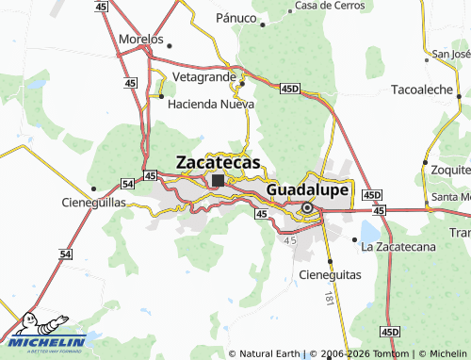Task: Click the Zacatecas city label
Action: click(x=218, y=162)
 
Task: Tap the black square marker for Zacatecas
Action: click(x=218, y=180)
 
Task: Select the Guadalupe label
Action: click(x=307, y=190)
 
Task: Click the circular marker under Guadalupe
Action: click(x=307, y=207)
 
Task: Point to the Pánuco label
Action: click(x=235, y=18)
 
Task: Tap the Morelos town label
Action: click(x=140, y=41)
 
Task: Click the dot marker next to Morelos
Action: click(x=171, y=43)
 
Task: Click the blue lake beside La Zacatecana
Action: click(x=369, y=231)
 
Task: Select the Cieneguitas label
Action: click(x=330, y=274)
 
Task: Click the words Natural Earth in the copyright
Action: click(x=269, y=353)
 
